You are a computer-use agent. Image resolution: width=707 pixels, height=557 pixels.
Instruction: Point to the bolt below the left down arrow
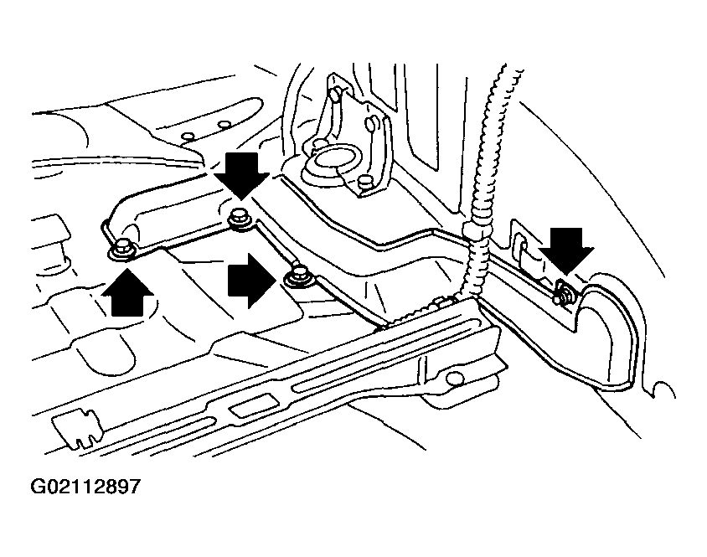point(239,217)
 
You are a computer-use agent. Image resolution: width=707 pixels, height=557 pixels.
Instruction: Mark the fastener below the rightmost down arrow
point(562,291)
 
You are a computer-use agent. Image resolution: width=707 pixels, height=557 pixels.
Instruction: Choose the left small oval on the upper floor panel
point(188,137)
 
